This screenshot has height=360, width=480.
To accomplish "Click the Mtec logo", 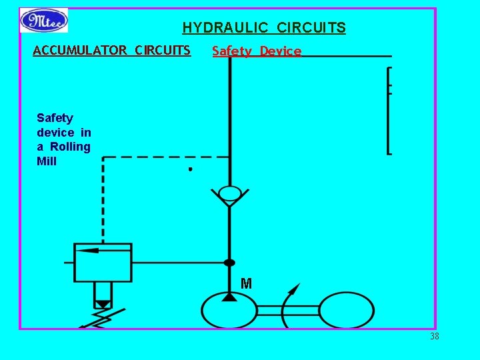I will coord(44,20).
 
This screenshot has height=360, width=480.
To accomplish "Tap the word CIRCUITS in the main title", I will coord(311,28).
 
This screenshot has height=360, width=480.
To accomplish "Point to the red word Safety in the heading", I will coord(232,51).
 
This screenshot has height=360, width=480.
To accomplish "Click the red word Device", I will coord(281,51).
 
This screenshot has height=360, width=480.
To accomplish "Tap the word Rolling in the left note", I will coord(71,147).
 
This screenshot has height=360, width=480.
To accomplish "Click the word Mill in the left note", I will coord(47,161).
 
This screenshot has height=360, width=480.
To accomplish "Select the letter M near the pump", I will coord(246,284).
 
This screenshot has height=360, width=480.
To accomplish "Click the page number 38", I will coord(435,337).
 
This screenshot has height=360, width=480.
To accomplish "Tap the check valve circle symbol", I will coord(230,194).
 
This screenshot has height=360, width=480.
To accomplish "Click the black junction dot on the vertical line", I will coord(229,263).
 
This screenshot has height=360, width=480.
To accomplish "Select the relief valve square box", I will coord(103,262).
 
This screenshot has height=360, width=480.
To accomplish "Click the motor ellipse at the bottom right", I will coord(346,310).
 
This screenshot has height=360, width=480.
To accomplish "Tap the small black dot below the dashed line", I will coord(190,169).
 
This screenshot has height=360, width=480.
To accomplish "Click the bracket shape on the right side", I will coord(389,110).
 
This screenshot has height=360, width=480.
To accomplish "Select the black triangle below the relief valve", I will coord(103,305).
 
